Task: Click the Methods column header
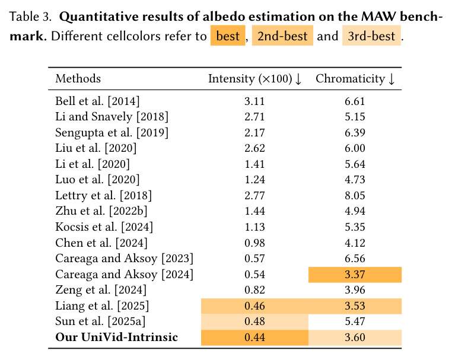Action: tap(78, 78)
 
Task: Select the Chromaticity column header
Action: tap(355, 79)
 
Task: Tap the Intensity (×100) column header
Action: tap(254, 79)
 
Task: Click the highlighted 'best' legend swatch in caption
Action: tap(228, 36)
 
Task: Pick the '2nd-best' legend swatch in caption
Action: tap(282, 36)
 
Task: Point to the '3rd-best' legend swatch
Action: tap(371, 36)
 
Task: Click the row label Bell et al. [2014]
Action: tap(97, 101)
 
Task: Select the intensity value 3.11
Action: tap(254, 101)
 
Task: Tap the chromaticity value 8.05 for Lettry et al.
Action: tap(355, 196)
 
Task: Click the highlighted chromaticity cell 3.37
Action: tap(355, 275)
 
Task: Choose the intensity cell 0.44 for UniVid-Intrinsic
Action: tap(254, 337)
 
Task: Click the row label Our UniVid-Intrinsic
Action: tap(116, 337)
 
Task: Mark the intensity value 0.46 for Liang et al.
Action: tap(254, 306)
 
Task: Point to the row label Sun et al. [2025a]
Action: tap(100, 321)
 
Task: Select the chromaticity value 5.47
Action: tap(355, 321)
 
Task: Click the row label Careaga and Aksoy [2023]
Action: tap(124, 259)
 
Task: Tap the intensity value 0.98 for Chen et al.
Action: tap(254, 243)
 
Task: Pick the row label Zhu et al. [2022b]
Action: tap(101, 211)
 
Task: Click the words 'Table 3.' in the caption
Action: tap(30, 17)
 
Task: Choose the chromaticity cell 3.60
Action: tap(355, 337)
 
